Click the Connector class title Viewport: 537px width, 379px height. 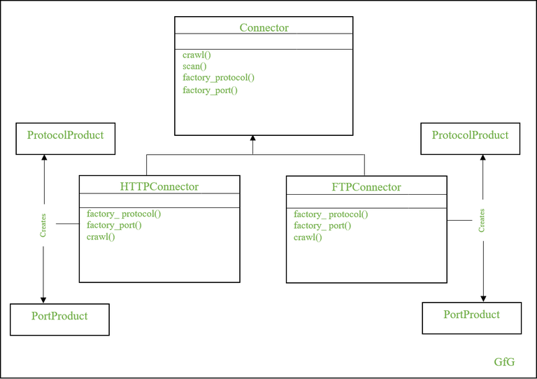pos(264,27)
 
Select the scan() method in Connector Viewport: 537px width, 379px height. pos(194,66)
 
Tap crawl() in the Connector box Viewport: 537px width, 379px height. pos(196,54)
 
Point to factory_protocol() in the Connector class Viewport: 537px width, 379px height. pos(218,78)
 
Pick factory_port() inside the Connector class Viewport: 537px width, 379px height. pos(210,90)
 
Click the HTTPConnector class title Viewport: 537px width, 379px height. pos(159,186)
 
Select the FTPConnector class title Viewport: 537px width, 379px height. pos(366,187)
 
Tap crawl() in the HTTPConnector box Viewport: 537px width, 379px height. pos(101,237)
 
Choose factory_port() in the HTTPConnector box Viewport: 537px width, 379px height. pos(114,225)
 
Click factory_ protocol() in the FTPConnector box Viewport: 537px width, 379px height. pos(331,214)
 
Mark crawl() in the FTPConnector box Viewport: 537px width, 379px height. pos(308,237)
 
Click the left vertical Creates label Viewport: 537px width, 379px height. pos(43,226)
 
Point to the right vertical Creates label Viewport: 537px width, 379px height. pos(482,220)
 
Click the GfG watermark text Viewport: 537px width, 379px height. pos(504,362)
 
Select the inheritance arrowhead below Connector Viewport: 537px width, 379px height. pos(252,140)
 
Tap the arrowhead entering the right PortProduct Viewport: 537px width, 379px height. pos(482,298)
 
